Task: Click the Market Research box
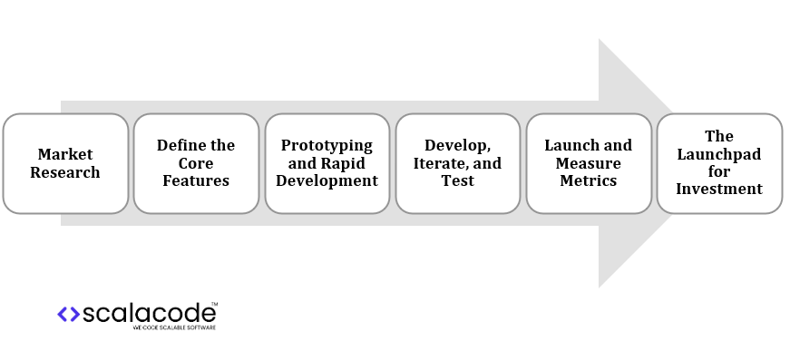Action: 65,163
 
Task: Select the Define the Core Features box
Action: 196,163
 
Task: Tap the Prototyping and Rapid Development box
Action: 327,163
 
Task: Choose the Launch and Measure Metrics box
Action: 588,163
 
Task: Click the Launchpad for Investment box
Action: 719,163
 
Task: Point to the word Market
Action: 65,154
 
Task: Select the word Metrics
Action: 588,180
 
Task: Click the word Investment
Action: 719,190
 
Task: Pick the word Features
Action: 196,180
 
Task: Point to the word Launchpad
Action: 719,154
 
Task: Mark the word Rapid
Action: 346,163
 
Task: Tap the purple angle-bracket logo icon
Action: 68,314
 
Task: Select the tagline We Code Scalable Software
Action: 174,326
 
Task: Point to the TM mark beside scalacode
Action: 214,304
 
